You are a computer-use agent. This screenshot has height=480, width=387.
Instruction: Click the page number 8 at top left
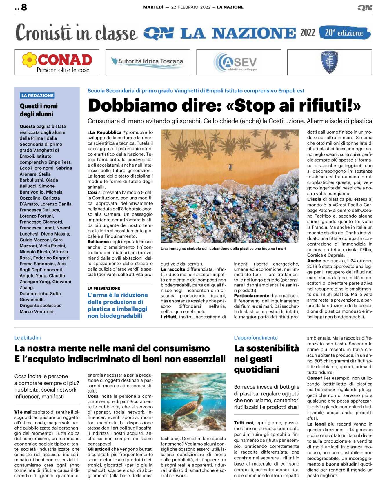point(24,7)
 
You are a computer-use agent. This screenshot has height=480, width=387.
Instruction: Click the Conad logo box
point(57,62)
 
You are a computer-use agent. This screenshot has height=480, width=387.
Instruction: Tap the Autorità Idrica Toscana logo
point(148,62)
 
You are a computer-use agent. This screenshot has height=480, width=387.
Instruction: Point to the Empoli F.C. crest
point(330,62)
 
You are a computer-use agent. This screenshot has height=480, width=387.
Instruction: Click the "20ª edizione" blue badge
point(344,33)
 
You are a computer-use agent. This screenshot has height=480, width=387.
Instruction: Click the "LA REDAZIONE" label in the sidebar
point(37,96)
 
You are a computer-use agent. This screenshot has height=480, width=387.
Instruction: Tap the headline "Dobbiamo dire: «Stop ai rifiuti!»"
point(224,106)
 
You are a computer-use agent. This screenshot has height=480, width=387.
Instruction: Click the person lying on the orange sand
point(230,167)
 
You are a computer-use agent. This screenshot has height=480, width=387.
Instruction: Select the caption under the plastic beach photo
point(223,249)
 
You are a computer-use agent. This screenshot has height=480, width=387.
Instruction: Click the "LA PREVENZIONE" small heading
point(104,289)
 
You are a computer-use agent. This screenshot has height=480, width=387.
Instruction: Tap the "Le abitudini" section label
point(28,338)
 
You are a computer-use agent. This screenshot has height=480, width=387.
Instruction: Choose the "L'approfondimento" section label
point(256,338)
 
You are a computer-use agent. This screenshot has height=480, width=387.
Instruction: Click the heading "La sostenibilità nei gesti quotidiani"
point(266,359)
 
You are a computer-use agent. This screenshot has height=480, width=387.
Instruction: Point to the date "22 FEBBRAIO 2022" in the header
point(190,7)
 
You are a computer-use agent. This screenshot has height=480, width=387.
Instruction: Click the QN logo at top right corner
point(365,8)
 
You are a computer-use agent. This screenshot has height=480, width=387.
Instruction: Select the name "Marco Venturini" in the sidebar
point(37,312)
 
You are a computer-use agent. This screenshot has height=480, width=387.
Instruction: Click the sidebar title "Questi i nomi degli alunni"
point(39,110)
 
